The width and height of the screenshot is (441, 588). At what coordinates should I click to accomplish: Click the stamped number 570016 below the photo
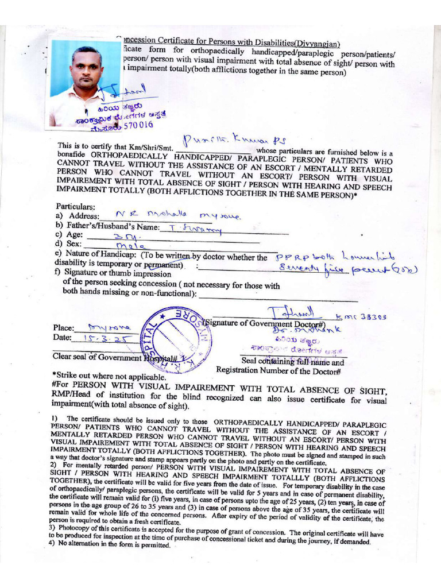137,125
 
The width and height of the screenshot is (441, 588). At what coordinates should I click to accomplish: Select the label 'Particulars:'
75,206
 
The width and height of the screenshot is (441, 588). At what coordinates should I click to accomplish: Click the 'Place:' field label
63,328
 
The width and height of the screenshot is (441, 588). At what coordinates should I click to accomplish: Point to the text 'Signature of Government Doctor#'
267,323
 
